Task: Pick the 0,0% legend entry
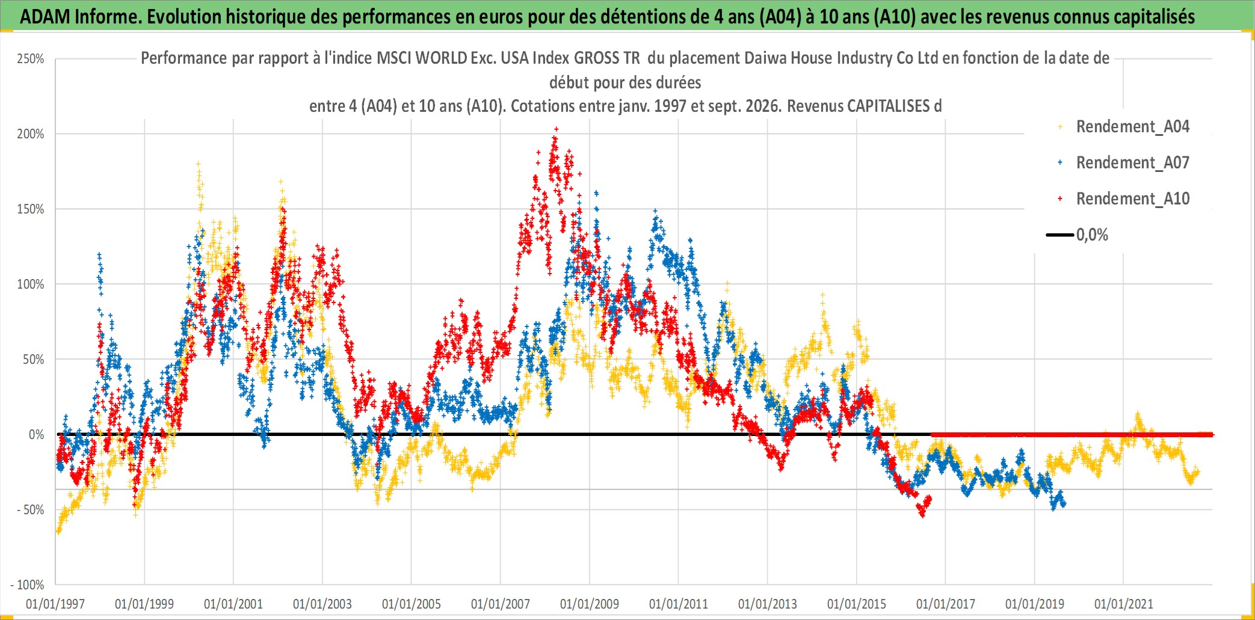1078,235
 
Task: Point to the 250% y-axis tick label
31,59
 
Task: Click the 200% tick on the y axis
31,134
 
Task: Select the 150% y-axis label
31,209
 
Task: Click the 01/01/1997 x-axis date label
55,604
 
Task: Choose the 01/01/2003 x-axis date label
322,604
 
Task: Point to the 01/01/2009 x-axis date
590,604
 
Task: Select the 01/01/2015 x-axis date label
857,604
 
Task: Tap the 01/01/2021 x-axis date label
1124,604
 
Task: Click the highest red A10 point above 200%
556,129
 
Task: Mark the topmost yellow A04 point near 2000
198,164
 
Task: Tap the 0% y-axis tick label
37,435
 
